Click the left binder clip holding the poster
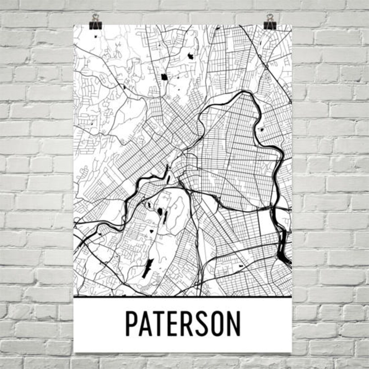coord(95,22)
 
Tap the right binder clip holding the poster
coord(270,22)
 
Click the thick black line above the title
coord(183,296)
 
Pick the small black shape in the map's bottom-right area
coord(241,265)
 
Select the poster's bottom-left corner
coord(75,352)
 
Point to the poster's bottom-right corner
coord(292,352)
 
